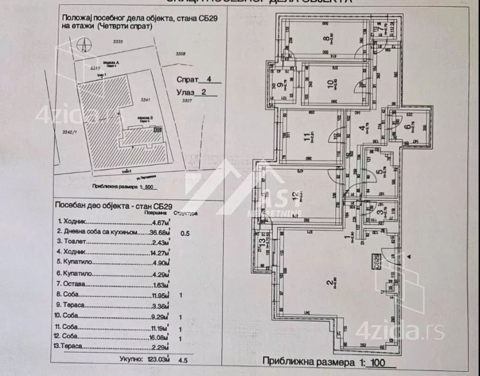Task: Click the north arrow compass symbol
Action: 84,45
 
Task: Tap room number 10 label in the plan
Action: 330,85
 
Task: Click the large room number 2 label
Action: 329,284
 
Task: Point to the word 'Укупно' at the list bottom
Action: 131,358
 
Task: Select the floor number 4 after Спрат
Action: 208,80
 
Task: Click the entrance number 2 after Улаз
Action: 204,93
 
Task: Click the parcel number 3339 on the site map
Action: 118,42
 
